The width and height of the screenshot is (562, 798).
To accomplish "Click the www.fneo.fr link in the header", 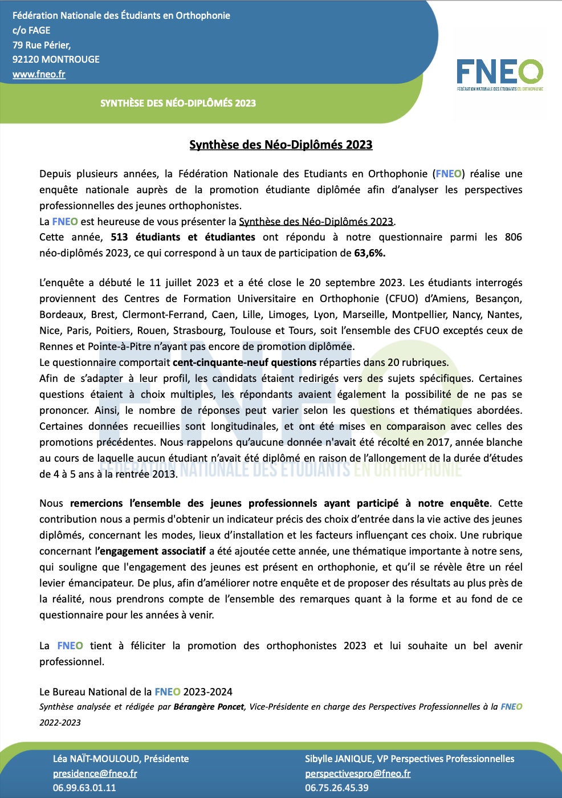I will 39,74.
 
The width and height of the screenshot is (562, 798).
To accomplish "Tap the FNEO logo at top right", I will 499,74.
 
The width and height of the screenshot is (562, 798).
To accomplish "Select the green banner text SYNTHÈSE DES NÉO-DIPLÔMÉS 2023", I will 178,103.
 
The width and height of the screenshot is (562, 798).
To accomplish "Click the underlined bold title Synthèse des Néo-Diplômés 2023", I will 280,145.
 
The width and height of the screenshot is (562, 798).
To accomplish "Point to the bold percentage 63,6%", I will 369,253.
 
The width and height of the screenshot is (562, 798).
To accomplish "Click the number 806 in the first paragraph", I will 513,237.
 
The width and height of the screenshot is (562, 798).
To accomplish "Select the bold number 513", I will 119,237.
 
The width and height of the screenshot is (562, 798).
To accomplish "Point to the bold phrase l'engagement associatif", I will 150,551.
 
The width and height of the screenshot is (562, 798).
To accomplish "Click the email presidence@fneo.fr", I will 95,773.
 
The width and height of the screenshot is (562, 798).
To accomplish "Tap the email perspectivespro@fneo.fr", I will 357,773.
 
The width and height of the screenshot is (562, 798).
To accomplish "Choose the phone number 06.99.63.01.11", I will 84,788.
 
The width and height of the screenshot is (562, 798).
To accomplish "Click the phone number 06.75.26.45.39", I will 336,788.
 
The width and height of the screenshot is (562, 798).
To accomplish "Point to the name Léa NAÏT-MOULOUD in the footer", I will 96,759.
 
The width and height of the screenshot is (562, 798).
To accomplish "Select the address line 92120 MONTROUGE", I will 56,59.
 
